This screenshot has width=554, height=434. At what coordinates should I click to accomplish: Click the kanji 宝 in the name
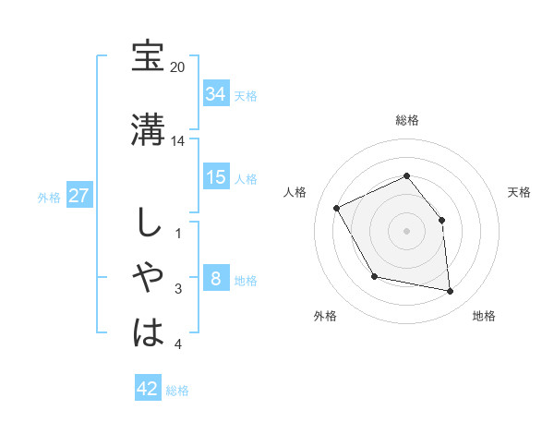tap(148, 57)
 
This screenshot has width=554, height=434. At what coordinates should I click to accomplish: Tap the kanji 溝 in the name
tap(148, 129)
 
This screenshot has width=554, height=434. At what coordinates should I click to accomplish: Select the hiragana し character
tap(148, 223)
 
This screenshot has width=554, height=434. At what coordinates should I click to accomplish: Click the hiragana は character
tap(148, 331)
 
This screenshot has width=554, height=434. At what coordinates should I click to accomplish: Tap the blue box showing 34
tap(215, 94)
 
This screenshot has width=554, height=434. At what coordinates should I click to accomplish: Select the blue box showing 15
tap(215, 177)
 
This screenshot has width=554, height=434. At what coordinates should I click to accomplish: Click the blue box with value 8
tap(215, 280)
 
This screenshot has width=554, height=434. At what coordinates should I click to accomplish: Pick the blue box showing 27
tap(78, 196)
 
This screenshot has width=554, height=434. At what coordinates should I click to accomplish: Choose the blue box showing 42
tap(147, 389)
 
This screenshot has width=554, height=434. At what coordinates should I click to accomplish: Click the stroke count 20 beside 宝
tap(178, 68)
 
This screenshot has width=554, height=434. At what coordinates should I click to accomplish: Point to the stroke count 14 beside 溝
tap(178, 141)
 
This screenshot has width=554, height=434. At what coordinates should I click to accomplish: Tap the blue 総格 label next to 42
tap(178, 391)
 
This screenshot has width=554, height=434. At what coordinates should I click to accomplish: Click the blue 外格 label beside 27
tap(49, 197)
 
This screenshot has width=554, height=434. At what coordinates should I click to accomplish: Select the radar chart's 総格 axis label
tap(406, 120)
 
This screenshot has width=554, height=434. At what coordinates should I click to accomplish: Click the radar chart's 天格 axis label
tap(519, 192)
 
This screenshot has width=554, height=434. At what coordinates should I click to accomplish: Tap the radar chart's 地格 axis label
tap(484, 317)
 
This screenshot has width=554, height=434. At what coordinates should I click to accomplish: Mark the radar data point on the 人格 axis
tap(337, 209)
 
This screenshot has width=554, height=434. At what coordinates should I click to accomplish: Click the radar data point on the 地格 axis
tap(450, 292)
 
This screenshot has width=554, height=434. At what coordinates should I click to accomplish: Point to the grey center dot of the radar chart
tap(406, 230)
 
